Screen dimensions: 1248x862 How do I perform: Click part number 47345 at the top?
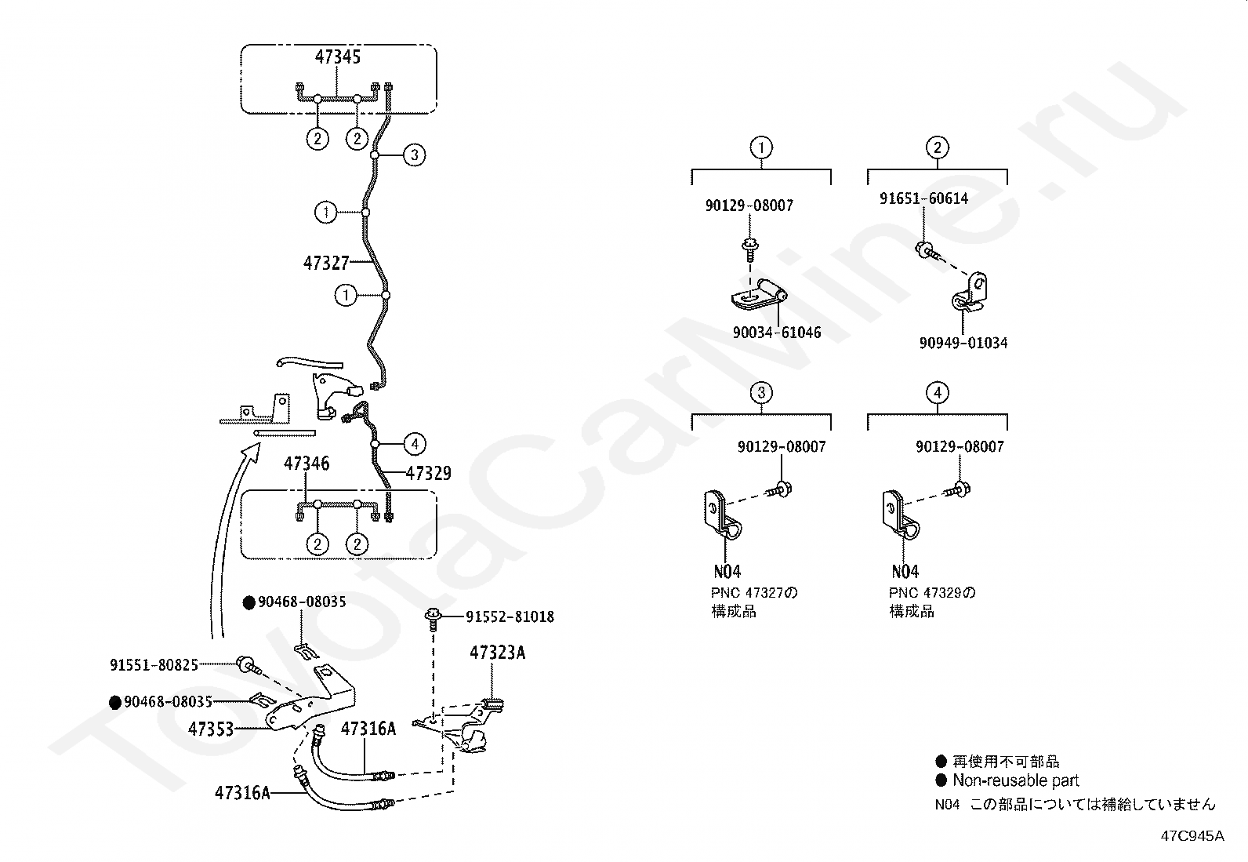click(x=338, y=57)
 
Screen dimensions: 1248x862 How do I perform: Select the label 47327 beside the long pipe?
click(x=326, y=263)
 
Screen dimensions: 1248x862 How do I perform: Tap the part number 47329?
click(x=428, y=474)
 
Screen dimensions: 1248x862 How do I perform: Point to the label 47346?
click(x=307, y=464)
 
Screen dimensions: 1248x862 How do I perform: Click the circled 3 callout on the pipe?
click(x=414, y=155)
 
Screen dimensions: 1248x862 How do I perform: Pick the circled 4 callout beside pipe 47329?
click(x=415, y=445)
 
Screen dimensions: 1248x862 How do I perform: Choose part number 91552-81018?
click(x=510, y=616)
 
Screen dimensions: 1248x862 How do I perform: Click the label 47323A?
click(x=498, y=653)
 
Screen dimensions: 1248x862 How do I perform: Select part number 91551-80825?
click(x=154, y=664)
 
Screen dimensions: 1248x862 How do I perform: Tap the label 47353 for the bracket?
click(x=211, y=729)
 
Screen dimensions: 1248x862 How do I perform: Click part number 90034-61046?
click(x=777, y=333)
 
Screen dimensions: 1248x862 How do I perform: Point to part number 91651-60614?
click(x=923, y=198)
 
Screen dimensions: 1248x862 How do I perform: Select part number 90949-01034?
click(x=963, y=343)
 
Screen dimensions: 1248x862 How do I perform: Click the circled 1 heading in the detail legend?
click(x=762, y=147)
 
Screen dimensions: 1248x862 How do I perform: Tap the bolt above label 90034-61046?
click(x=750, y=249)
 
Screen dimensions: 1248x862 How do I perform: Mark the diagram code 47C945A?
click(x=1192, y=836)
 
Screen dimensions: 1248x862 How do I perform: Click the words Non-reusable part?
click(x=1016, y=780)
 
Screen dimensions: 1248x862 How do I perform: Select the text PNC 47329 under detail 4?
click(x=925, y=593)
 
